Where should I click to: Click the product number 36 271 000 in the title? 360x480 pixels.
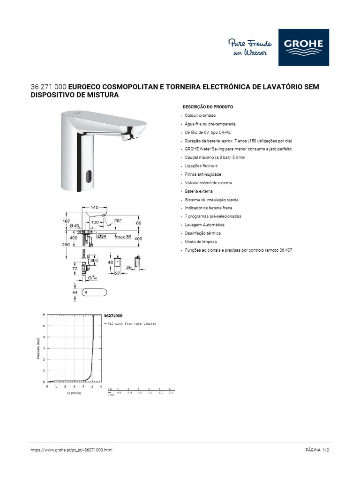pyautogui.click(x=49, y=87)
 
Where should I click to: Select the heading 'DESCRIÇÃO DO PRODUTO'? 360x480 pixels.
pyautogui.click(x=208, y=107)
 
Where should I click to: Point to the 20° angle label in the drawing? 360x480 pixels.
pyautogui.click(x=117, y=220)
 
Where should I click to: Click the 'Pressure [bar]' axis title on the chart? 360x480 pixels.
pyautogui.click(x=38, y=349)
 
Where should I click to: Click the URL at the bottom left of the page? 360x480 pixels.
pyautogui.click(x=71, y=450)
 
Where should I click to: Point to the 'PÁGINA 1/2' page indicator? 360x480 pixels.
pyautogui.click(x=317, y=450)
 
